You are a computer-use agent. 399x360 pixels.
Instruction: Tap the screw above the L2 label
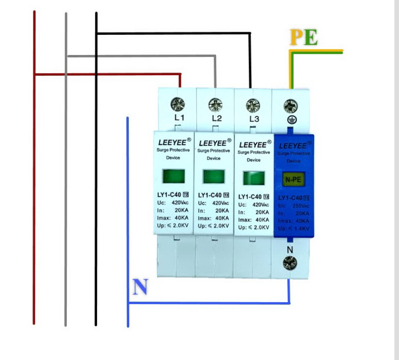point(215,105)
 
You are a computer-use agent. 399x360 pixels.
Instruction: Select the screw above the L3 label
point(252,105)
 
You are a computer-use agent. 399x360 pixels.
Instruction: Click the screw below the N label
point(290,263)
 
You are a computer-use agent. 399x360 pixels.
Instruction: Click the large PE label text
point(304,38)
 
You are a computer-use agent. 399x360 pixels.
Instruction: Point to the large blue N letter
point(141,287)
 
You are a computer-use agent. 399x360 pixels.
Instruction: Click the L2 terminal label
point(217,119)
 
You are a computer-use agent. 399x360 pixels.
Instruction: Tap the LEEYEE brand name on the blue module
point(292,146)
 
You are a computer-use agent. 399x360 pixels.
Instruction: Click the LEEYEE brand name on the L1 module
point(172,143)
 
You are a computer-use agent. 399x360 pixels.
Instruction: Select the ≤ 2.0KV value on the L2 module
point(218,226)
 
